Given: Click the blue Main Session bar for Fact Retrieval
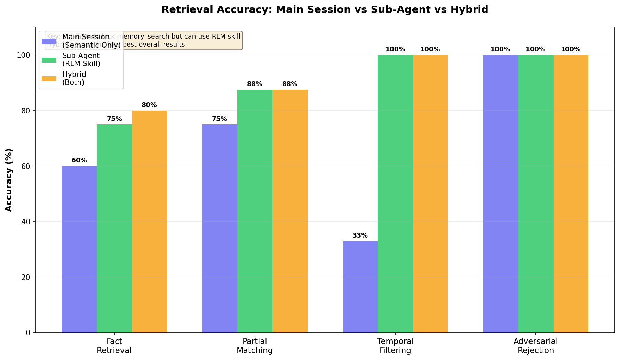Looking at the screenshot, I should (79, 249).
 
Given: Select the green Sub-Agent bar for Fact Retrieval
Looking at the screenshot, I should (114, 228).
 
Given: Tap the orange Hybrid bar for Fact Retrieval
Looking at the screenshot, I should (149, 221).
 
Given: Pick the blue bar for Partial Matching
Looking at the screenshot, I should (220, 228).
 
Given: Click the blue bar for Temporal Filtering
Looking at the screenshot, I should (360, 287).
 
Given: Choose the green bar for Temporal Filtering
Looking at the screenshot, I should (395, 193).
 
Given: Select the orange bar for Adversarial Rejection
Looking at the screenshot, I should (571, 193).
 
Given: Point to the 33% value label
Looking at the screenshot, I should (360, 235).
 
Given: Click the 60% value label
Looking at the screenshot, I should (79, 160).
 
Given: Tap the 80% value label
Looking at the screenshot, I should (149, 105).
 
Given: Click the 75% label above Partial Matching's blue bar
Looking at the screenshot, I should (220, 119).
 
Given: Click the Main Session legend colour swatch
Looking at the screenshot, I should (49, 41).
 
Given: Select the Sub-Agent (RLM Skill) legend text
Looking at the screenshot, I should (81, 59).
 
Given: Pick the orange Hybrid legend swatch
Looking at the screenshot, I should (49, 79).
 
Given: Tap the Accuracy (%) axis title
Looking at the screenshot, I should (9, 180).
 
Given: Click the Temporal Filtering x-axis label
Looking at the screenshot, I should (395, 346).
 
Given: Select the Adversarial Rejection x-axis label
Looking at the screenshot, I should (535, 346).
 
